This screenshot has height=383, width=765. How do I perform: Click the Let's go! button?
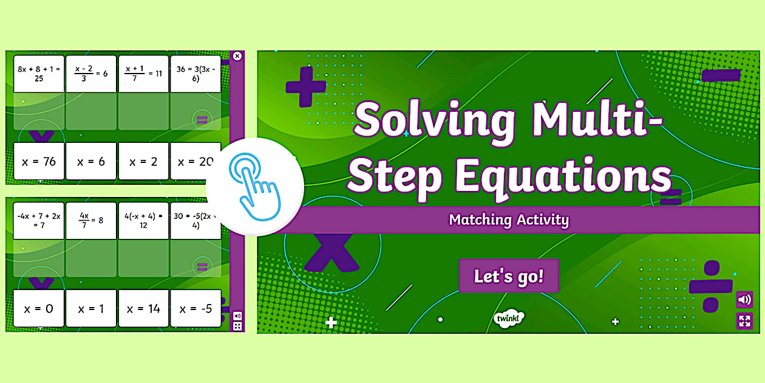[509, 276]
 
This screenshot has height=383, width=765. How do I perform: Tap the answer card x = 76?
[39, 162]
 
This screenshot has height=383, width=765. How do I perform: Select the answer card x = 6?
[91, 162]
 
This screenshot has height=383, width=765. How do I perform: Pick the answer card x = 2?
[143, 162]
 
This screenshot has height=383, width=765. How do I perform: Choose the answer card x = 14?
[143, 309]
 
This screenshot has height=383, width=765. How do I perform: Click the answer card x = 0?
[39, 309]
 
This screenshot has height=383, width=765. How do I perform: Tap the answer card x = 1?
[91, 309]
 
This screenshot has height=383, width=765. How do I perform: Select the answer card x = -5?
[195, 309]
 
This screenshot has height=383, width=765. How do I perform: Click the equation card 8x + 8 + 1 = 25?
[39, 74]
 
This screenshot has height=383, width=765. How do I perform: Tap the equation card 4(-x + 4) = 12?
[143, 221]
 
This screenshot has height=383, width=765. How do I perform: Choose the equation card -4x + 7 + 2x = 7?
[39, 221]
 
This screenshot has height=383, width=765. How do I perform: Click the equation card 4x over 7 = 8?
[91, 221]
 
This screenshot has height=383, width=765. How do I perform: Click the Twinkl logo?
[509, 319]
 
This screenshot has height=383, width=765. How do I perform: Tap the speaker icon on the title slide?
[744, 300]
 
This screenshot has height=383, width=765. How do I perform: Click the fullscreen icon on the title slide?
[744, 320]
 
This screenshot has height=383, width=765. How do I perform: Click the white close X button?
[237, 56]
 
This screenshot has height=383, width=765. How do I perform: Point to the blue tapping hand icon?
[254, 178]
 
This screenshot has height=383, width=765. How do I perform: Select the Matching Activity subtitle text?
[509, 219]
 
